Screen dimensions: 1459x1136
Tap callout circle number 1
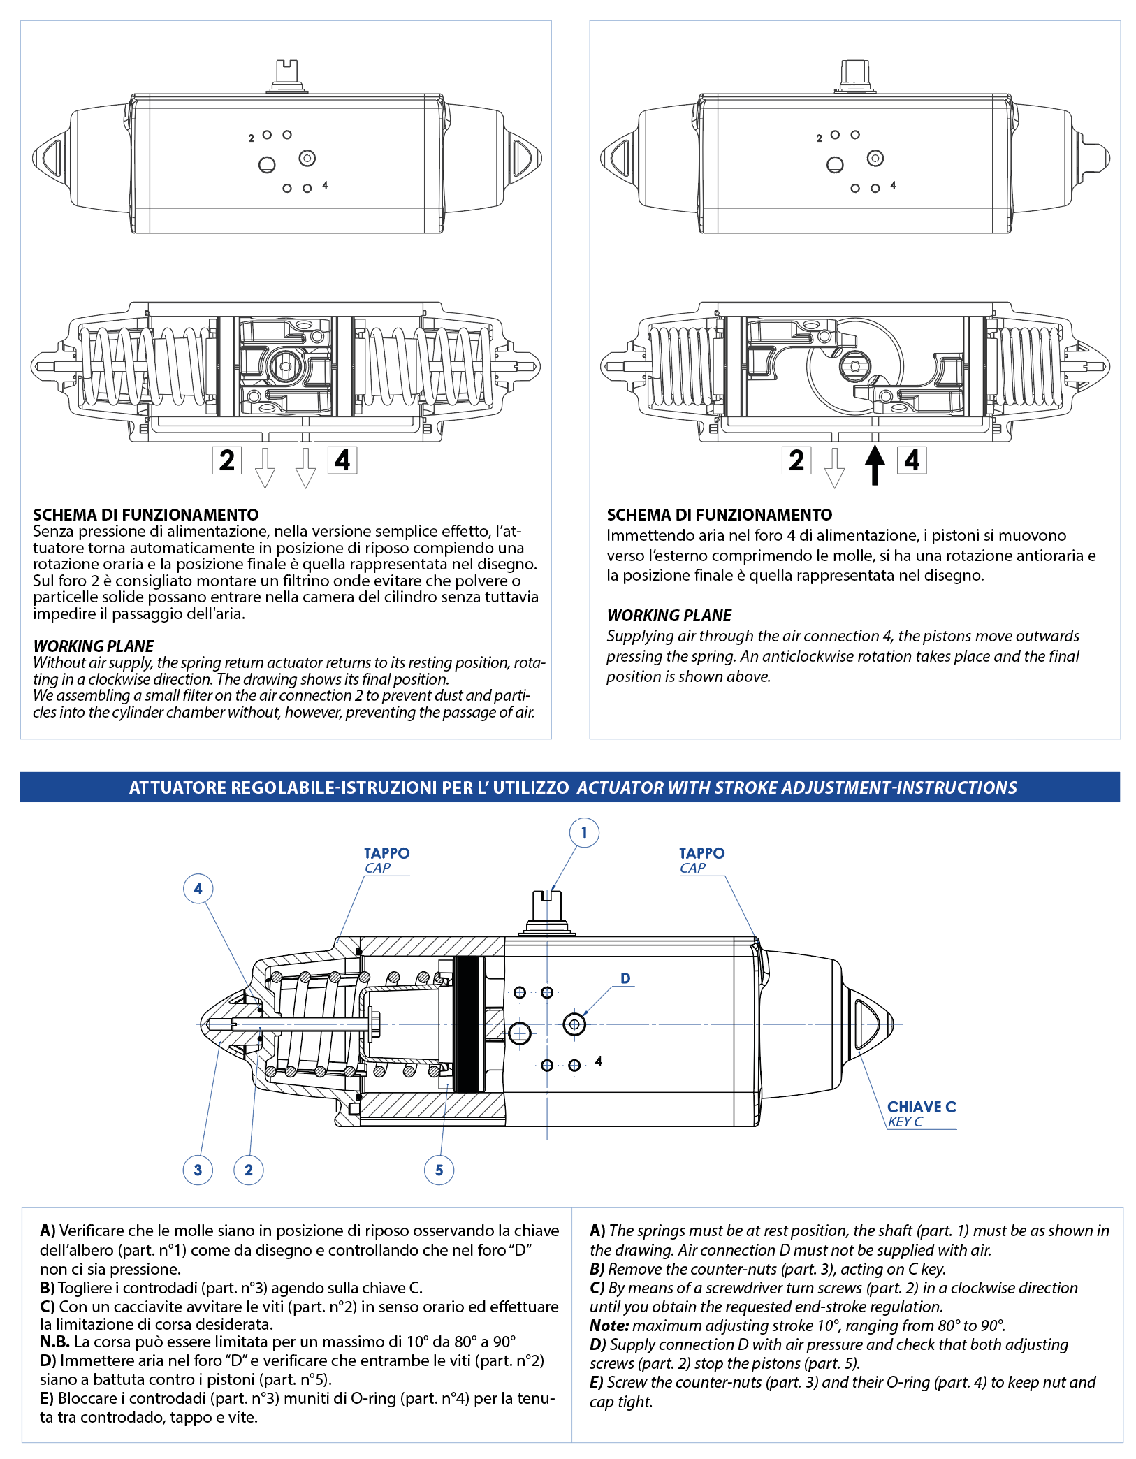tap(584, 833)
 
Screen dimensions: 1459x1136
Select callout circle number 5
tap(439, 1170)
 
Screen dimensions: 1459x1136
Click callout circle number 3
tap(198, 1170)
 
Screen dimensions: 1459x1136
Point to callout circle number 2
tap(249, 1170)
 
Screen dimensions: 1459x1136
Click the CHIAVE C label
tap(921, 1107)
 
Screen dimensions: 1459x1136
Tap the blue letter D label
tap(625, 978)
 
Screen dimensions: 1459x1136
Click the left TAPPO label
tap(386, 853)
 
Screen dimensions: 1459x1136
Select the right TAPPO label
tap(701, 853)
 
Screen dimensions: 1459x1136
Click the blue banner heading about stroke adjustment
tap(569, 787)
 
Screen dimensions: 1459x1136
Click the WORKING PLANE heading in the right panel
tap(669, 616)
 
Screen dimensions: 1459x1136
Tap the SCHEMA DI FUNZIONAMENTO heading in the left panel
tap(145, 515)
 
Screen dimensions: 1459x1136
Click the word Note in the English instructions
tap(609, 1326)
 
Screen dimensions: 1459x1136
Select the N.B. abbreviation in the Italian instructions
tap(54, 1342)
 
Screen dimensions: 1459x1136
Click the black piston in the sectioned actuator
tap(467, 1024)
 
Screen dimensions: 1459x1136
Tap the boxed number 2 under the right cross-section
tap(796, 460)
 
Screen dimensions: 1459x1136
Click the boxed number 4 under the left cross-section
tap(342, 460)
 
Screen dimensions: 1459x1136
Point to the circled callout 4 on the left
tap(198, 889)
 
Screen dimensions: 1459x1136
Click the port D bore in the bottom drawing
tap(574, 1024)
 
